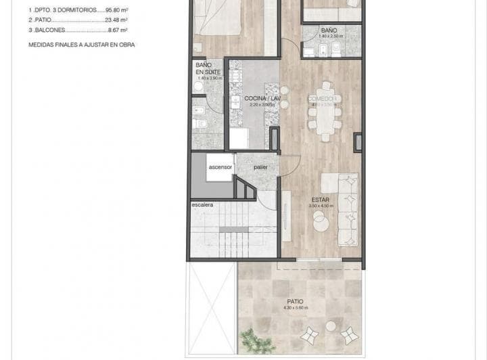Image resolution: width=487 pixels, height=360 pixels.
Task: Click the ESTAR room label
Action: point(321,200)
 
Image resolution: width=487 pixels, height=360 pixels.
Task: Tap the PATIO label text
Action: point(294,301)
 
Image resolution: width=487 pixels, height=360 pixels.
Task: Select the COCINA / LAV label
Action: point(262,99)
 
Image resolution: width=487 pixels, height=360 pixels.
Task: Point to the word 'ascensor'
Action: point(221,166)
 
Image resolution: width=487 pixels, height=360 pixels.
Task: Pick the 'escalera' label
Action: point(202,204)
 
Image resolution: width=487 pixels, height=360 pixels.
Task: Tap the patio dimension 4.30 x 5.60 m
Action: point(294,308)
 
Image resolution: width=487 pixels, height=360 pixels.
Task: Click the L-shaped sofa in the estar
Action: point(348,206)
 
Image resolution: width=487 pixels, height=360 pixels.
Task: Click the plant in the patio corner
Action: point(252,340)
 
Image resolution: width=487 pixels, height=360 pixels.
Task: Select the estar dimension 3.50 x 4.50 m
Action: point(321,206)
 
